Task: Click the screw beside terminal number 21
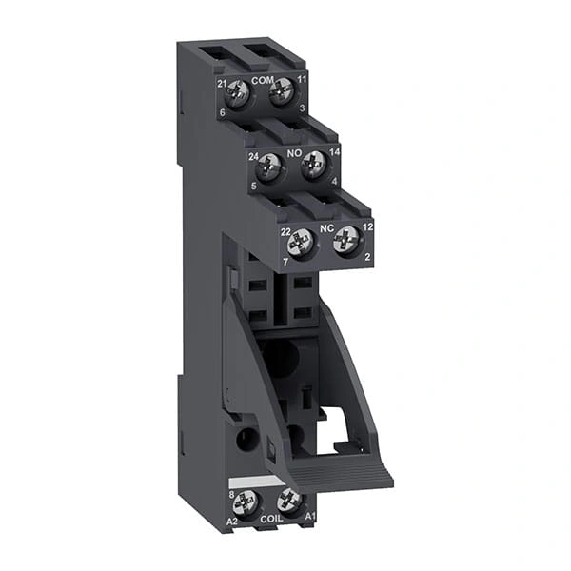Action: click(x=237, y=94)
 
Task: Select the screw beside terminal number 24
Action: click(x=270, y=168)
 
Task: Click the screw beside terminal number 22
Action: click(x=302, y=244)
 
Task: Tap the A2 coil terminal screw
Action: click(x=246, y=504)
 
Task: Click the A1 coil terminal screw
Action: click(x=288, y=502)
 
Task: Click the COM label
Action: click(x=262, y=81)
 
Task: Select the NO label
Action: click(x=295, y=153)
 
